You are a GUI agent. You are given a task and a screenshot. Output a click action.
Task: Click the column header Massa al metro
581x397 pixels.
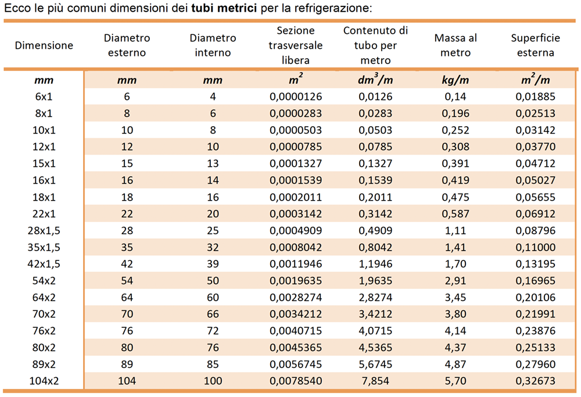point(456,45)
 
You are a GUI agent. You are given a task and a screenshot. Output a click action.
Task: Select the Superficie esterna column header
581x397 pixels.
point(536,45)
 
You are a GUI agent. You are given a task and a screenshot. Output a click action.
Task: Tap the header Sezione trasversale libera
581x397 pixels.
point(296,45)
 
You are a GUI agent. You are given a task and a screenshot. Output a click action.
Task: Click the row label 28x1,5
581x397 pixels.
point(44,231)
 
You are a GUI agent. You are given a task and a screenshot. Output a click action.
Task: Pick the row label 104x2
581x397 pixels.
point(44,381)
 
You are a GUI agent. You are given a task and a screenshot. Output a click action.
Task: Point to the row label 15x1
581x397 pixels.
point(44,163)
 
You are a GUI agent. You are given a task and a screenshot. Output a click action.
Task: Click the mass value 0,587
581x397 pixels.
point(456,214)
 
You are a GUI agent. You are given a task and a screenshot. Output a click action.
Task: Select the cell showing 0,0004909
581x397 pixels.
point(296,231)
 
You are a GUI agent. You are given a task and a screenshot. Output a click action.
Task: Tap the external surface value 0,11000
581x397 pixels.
point(536,247)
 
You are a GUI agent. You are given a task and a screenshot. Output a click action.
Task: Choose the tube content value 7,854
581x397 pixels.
point(375,381)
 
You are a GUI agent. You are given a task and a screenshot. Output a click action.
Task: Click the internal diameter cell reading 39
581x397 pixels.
point(213,264)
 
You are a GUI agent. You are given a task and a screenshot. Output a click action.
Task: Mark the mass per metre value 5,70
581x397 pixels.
point(456,381)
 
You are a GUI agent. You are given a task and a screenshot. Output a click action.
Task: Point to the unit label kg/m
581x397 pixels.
point(456,80)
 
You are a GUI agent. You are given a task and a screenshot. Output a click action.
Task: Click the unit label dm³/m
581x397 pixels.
point(375,79)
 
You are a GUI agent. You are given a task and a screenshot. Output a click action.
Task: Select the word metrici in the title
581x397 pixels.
point(237,8)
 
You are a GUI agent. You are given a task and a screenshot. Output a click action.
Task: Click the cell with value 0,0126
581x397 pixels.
point(375,96)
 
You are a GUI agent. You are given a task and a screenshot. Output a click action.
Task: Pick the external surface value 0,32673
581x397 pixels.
point(536,381)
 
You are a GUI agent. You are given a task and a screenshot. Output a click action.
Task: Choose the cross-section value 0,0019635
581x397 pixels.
point(296,281)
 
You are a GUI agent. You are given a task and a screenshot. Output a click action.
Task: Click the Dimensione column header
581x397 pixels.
point(44,45)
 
